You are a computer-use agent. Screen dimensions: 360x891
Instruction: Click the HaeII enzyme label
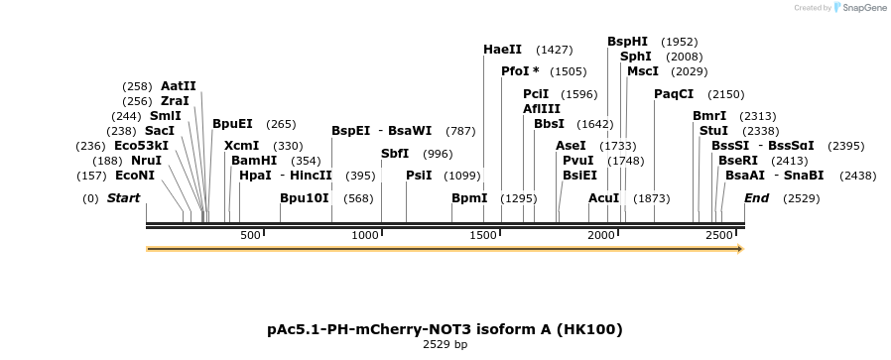pos(502,50)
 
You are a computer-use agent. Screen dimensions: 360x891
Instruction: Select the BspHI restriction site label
pos(627,42)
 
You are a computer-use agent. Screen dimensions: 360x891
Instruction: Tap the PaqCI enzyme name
pos(674,94)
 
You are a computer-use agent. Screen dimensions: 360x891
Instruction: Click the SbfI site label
pos(395,154)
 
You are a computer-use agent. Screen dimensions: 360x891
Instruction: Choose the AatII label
pos(179,86)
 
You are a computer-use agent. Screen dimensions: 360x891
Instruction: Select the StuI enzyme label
pos(713,131)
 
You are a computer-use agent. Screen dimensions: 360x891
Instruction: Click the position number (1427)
pos(554,50)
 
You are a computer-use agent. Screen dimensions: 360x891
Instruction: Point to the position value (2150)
pos(725,94)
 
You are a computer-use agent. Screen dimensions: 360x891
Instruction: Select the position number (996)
pos(438,154)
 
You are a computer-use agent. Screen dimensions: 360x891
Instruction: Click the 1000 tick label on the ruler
pos(366,235)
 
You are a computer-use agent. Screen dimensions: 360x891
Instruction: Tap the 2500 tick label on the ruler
pos(718,235)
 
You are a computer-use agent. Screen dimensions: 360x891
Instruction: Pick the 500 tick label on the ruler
pos(249,235)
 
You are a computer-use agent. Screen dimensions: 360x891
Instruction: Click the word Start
pos(123,198)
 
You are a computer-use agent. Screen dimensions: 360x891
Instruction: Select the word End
pos(756,198)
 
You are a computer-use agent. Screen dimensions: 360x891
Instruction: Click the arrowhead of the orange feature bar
pos(739,249)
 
